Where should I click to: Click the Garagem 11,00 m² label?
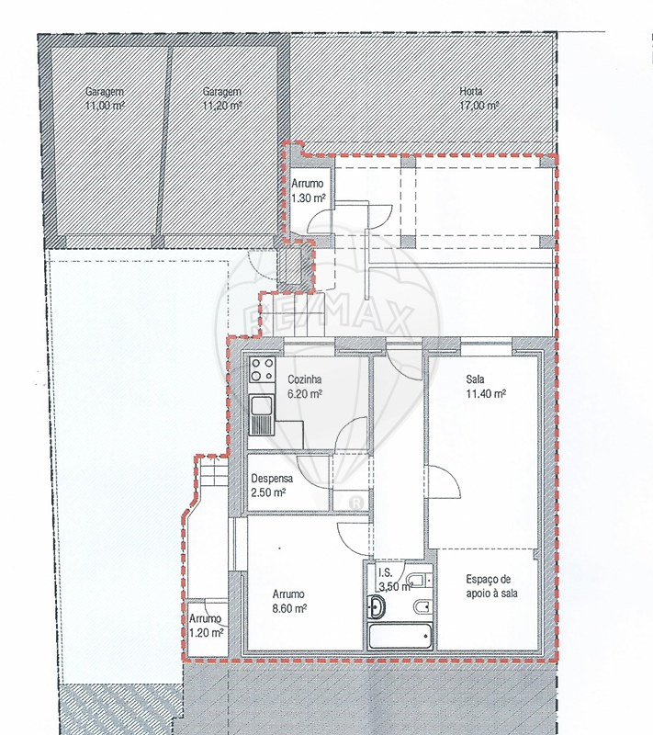coord(105,98)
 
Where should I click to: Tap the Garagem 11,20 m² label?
coord(221,98)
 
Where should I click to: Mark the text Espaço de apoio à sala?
coord(492,586)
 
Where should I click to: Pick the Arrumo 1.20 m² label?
coord(207,626)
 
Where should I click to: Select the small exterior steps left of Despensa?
coord(213,472)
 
